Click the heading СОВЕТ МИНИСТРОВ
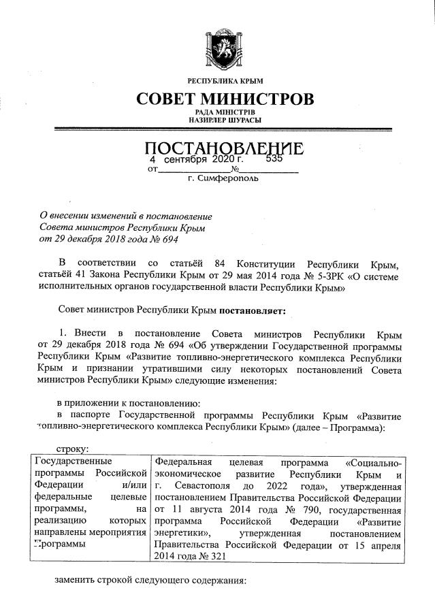pos(225,99)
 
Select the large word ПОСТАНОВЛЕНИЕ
pos(225,147)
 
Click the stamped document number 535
pos(274,159)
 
